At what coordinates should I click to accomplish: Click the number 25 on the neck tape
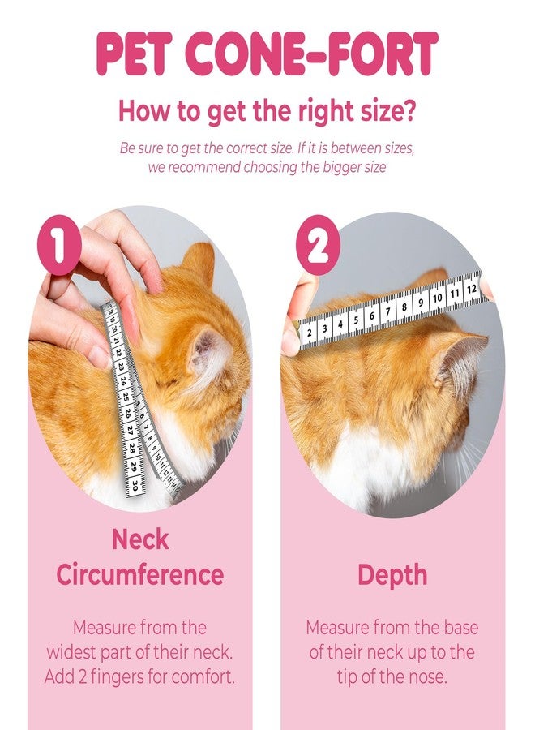[125, 397]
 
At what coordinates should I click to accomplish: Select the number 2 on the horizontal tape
[309, 331]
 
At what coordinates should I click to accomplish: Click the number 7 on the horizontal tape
[387, 311]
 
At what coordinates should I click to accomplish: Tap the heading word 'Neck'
[140, 539]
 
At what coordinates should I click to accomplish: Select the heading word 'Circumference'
[139, 574]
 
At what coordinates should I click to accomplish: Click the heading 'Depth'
[392, 574]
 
